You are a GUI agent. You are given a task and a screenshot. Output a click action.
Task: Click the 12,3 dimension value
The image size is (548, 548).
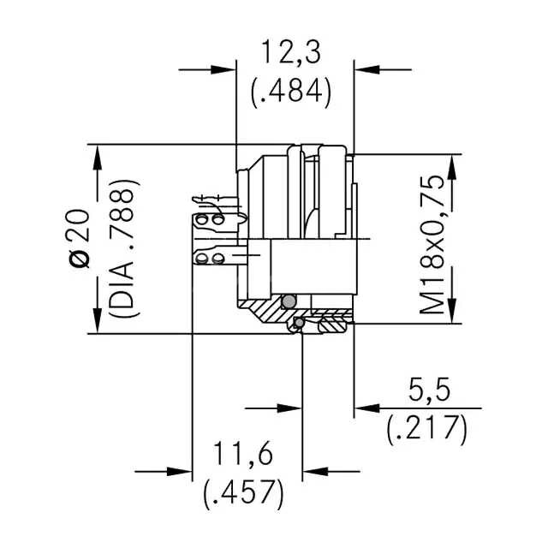(290, 54)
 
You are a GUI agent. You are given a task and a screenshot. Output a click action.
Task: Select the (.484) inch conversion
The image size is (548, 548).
(290, 90)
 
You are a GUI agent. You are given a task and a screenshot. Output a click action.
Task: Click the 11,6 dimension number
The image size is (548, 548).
(243, 454)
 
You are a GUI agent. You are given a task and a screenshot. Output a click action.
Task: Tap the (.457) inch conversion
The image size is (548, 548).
(243, 491)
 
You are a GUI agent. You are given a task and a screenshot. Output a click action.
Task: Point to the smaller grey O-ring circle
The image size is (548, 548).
(297, 323)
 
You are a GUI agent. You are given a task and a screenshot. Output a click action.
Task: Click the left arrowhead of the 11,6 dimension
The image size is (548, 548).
(180, 470)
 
